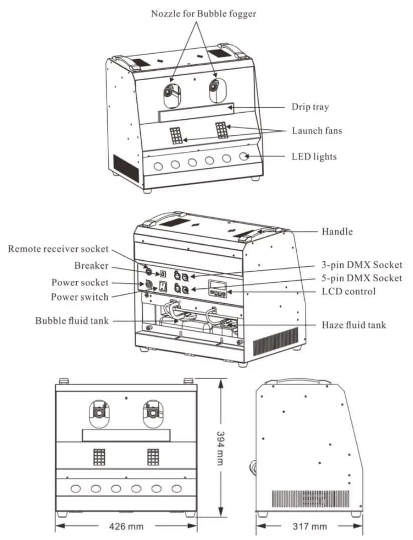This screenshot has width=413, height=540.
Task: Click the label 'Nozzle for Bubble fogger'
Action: (203, 14)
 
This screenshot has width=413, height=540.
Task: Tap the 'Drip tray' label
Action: (310, 107)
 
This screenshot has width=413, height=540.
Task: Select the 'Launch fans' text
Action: (317, 131)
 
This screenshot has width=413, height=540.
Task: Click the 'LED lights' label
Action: (314, 157)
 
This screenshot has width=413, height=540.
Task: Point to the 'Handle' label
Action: (337, 231)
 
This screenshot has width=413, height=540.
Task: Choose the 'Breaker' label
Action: (91, 266)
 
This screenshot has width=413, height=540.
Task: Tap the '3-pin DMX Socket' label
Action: (361, 265)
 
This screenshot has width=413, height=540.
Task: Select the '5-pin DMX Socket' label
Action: (361, 278)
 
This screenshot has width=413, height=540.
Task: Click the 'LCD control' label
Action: (348, 291)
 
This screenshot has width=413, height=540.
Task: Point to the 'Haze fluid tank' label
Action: (353, 325)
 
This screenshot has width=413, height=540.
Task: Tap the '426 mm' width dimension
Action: (126, 526)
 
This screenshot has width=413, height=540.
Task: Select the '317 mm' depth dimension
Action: (310, 526)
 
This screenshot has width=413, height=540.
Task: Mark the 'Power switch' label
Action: (79, 297)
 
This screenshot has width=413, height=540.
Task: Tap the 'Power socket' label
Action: (80, 282)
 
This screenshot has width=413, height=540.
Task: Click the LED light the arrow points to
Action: (245, 156)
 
